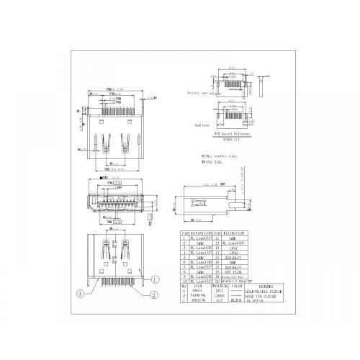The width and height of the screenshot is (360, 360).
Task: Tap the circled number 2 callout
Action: [154, 294]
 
